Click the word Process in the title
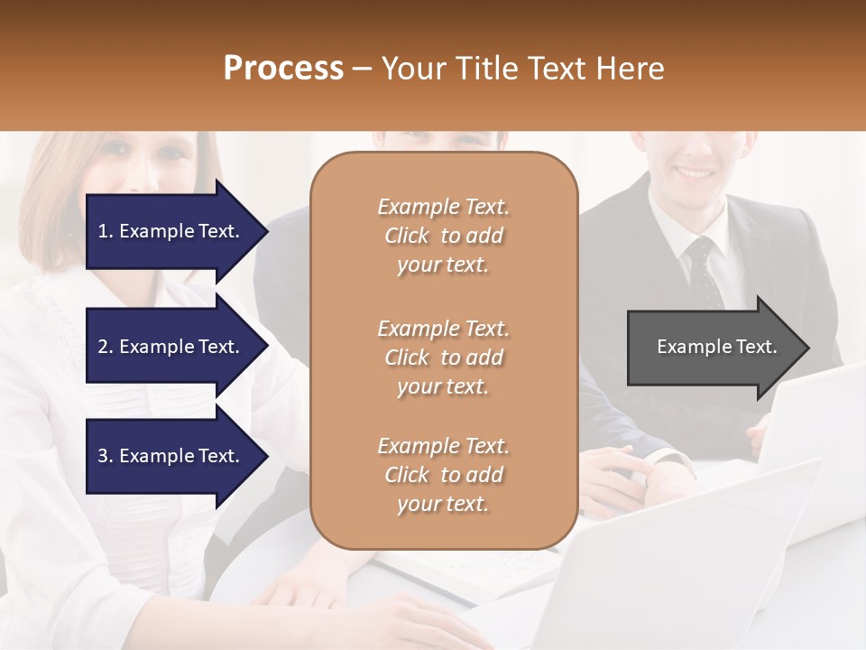click(283, 69)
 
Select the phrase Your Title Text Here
click(522, 69)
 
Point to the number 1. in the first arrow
click(106, 231)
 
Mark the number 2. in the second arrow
click(106, 347)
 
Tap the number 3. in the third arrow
click(106, 456)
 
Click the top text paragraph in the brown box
click(443, 236)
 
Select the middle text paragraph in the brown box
click(443, 357)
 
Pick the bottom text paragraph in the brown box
click(443, 475)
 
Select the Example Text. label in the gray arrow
click(717, 347)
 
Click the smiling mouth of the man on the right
click(696, 171)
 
